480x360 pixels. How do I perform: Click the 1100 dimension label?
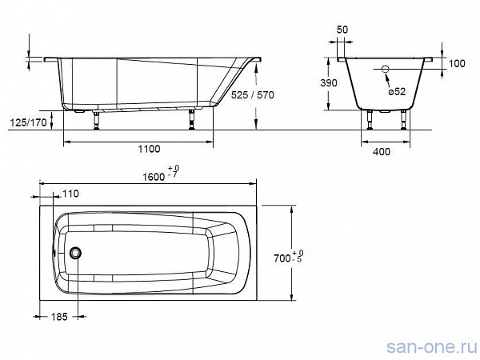click(x=149, y=149)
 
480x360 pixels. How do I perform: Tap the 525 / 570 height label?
click(x=253, y=95)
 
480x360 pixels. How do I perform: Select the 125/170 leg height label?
click(x=29, y=122)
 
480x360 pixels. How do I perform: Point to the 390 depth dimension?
click(x=329, y=82)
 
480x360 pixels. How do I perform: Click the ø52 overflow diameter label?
click(x=397, y=91)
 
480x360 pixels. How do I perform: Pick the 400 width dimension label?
click(x=382, y=151)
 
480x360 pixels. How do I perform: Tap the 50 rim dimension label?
click(x=342, y=30)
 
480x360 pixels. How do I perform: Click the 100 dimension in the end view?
click(x=457, y=63)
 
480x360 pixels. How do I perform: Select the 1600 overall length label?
click(x=154, y=177)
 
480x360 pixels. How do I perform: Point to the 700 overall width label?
click(x=282, y=258)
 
